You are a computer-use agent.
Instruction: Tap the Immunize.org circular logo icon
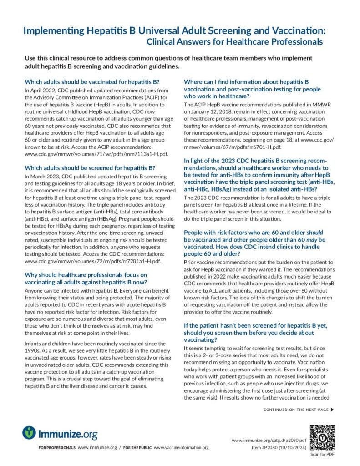[29, 432]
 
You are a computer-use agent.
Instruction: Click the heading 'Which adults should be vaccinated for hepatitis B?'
[91, 82]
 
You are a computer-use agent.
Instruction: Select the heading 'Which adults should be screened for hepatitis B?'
[90, 167]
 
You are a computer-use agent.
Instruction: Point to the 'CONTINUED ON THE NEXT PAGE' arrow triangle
[332, 410]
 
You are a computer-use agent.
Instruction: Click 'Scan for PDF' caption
[322, 454]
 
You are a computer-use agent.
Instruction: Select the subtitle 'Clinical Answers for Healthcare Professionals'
[234, 42]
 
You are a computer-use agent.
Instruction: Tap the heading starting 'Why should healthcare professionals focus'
[86, 275]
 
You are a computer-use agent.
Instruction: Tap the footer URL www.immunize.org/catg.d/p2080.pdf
[269, 441]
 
